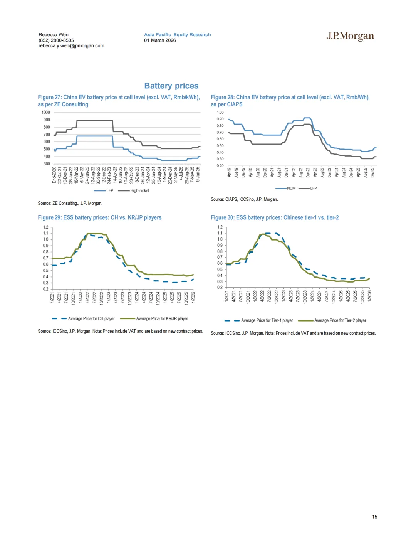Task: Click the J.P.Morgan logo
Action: tap(350, 36)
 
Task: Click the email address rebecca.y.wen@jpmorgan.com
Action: tap(71, 45)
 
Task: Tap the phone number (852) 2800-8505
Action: tap(56, 40)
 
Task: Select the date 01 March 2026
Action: tap(160, 40)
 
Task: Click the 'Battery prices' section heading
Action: tap(171, 86)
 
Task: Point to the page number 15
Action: tap(374, 517)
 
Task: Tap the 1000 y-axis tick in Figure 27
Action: tap(46, 112)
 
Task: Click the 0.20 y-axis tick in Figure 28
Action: tap(220, 166)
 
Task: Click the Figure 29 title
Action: tap(100, 217)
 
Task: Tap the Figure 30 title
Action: tap(275, 217)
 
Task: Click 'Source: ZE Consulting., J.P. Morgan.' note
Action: tap(70, 203)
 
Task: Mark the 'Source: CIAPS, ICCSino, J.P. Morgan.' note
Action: tap(244, 199)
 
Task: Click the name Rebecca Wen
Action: tap(54, 35)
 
